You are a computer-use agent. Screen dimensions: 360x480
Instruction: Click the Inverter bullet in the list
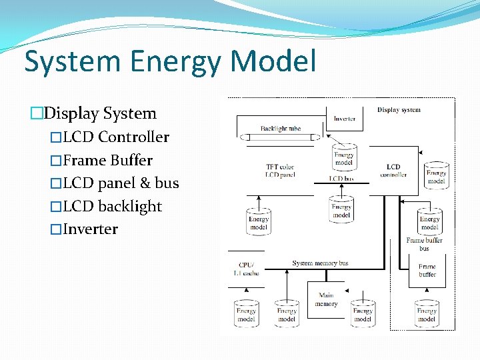click(x=90, y=229)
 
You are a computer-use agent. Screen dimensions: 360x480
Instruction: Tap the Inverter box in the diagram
click(x=345, y=119)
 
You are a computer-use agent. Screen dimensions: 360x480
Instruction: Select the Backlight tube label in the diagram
click(x=281, y=128)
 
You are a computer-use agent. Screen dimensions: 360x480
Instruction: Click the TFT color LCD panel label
click(x=280, y=171)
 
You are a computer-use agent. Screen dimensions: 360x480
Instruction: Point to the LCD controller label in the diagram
click(x=393, y=171)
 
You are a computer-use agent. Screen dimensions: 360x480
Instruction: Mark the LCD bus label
click(x=341, y=179)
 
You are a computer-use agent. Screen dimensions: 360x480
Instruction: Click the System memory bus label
click(x=320, y=263)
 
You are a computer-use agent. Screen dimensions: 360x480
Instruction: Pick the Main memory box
click(x=326, y=299)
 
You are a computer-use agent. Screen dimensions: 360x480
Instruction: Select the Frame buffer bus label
click(x=425, y=244)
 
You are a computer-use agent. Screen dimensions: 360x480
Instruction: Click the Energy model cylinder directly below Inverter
click(x=344, y=157)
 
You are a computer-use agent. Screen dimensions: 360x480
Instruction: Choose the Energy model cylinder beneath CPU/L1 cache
click(x=246, y=314)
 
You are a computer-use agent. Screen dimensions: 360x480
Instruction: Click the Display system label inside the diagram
click(x=399, y=109)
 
